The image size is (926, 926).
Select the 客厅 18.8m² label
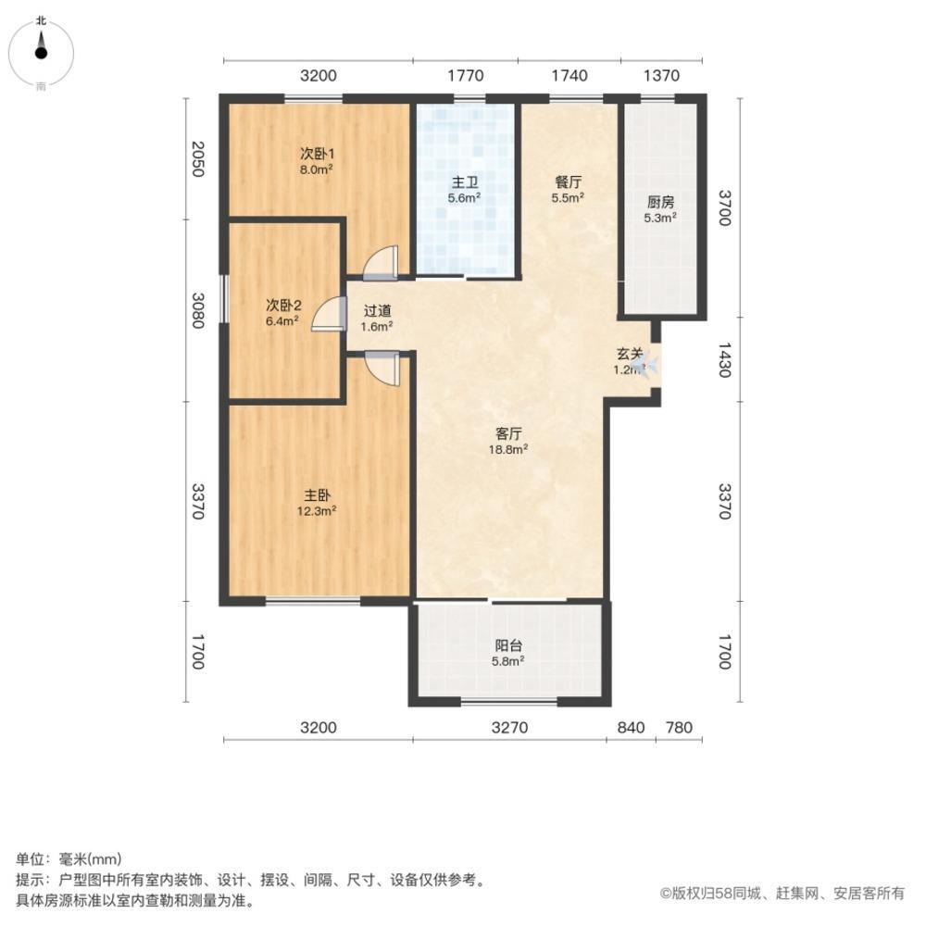coord(509,441)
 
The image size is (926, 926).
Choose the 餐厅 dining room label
coord(568,181)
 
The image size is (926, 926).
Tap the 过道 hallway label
coord(378,312)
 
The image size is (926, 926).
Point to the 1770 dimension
coord(465,76)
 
